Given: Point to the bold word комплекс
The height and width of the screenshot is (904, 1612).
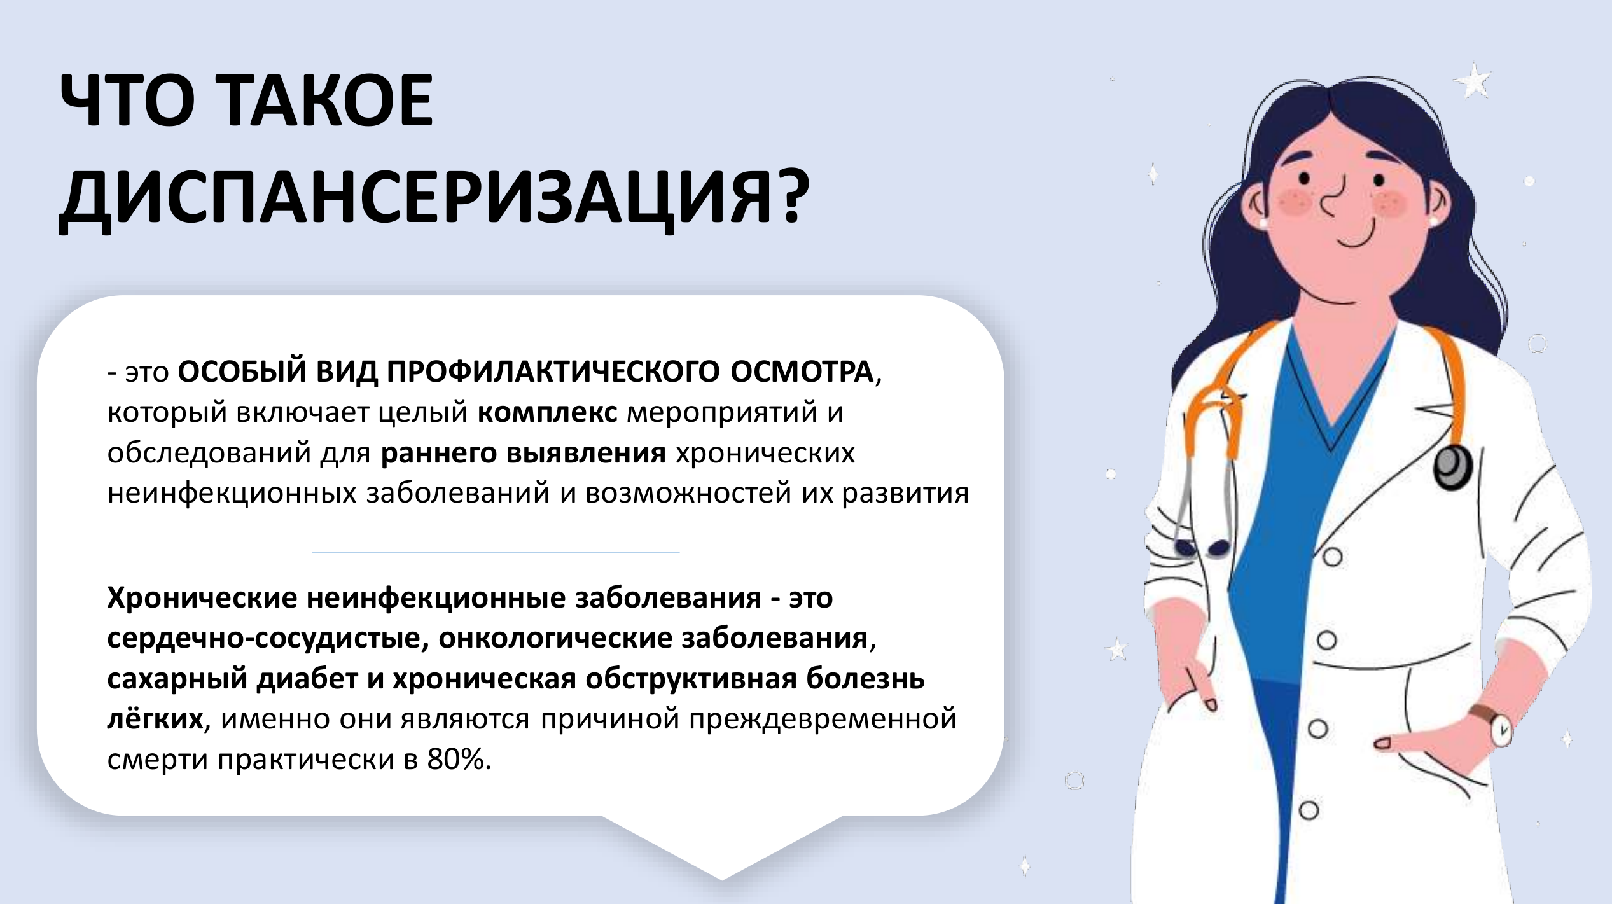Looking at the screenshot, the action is point(547,412).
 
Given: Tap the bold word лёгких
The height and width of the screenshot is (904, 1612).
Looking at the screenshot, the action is point(155,719).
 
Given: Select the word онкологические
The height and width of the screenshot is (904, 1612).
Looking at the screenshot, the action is point(555,638).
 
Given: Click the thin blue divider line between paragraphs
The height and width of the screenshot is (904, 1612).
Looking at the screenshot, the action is point(496,552).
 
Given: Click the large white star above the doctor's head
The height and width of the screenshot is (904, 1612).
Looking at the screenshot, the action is point(1471,81).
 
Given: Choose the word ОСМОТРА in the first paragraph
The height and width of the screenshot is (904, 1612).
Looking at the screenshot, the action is point(802,372).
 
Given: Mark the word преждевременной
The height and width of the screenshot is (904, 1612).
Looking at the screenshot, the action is point(823,720).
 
